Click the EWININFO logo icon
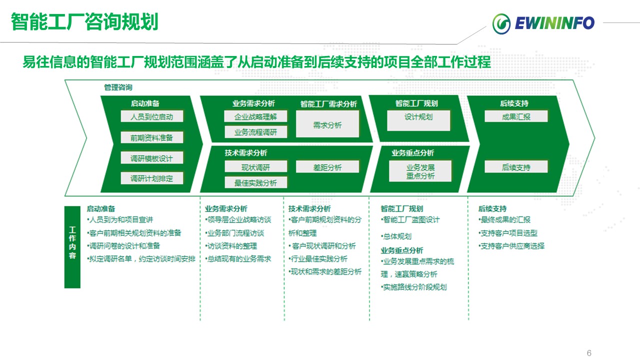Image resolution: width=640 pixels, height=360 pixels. [x=501, y=23]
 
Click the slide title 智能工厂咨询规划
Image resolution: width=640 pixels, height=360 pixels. [x=84, y=22]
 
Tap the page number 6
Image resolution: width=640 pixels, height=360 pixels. [x=589, y=353]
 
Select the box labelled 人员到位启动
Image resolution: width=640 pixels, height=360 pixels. [x=152, y=117]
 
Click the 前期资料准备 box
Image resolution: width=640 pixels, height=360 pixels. [x=152, y=137]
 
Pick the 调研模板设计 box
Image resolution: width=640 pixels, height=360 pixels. [x=152, y=158]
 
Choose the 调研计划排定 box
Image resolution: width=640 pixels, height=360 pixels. [x=152, y=178]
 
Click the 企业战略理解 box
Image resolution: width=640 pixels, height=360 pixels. [x=255, y=116]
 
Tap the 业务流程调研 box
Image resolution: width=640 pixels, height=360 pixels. [x=255, y=132]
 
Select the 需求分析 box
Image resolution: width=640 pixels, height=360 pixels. [x=327, y=124]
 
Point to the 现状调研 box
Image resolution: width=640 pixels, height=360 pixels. [x=255, y=167]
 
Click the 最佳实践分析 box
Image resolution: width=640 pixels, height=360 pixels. [x=255, y=182]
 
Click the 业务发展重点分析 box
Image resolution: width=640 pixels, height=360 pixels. [x=420, y=171]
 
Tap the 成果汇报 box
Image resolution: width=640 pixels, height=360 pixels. [x=516, y=116]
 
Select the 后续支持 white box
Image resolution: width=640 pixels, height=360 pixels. [x=516, y=167]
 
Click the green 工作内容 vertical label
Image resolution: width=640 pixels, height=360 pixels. [x=72, y=247]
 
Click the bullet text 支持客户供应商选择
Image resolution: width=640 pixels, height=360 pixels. [x=511, y=246]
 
